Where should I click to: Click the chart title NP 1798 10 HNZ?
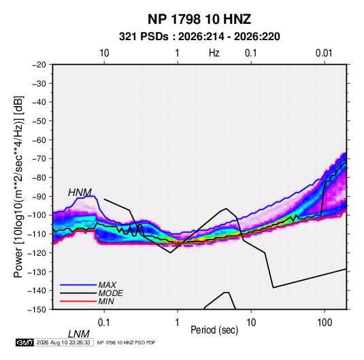(199, 19)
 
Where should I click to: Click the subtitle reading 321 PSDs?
(144, 37)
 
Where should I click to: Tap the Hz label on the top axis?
(214, 53)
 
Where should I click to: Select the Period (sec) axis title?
(214, 330)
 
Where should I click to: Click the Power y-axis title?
(18, 186)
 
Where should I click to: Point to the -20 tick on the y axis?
(39, 65)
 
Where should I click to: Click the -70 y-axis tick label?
(39, 159)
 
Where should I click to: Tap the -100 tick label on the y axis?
(37, 215)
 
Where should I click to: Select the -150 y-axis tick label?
(37, 310)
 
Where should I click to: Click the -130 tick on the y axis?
(37, 272)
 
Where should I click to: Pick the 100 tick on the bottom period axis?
(325, 323)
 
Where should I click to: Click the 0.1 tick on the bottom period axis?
(104, 323)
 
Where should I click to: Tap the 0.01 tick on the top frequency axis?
(324, 53)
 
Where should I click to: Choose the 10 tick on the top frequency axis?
(104, 53)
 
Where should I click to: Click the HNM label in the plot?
(80, 193)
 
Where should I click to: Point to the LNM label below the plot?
(79, 334)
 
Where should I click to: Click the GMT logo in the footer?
(25, 342)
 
